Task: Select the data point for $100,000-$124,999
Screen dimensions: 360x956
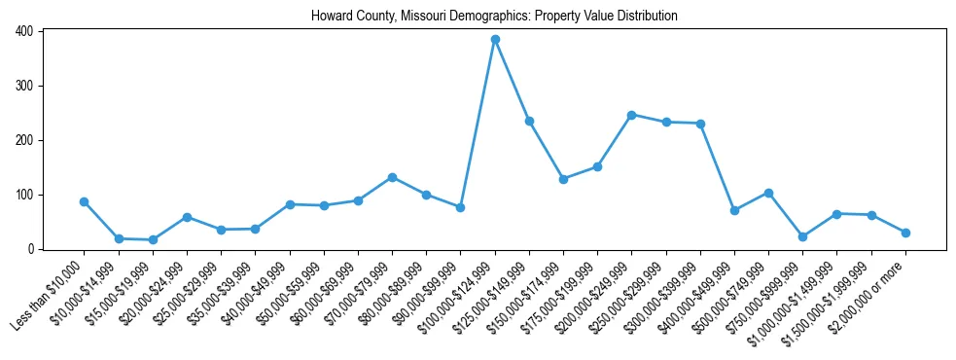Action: (x=495, y=39)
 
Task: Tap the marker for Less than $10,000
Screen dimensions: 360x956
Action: (x=85, y=201)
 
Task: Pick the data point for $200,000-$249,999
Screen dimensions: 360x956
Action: (x=631, y=115)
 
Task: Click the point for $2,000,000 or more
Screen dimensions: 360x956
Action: (x=905, y=233)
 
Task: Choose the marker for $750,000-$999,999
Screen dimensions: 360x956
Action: (x=802, y=236)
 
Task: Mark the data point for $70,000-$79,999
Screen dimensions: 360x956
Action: (x=392, y=177)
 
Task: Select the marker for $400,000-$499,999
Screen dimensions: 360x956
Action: (x=734, y=210)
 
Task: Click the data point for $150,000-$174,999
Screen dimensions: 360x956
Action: (x=563, y=179)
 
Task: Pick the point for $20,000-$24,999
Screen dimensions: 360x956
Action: (x=187, y=217)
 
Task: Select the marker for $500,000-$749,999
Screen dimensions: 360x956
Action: (x=768, y=193)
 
